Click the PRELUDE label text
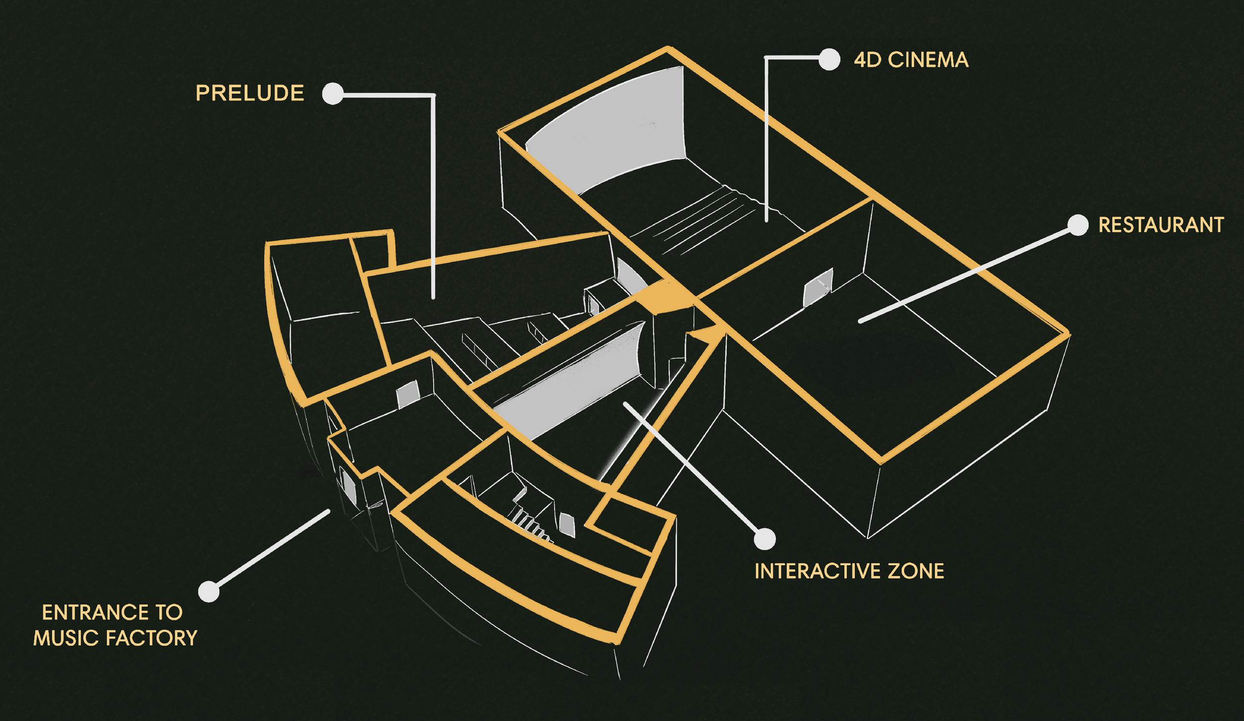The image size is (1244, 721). (x=250, y=94)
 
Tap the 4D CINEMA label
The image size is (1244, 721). (x=911, y=60)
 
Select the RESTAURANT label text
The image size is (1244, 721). (x=1161, y=225)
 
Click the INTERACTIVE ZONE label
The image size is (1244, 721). (x=849, y=571)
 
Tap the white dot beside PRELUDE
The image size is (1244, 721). (x=333, y=94)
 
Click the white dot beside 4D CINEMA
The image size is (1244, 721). (x=829, y=60)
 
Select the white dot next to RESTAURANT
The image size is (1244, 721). (x=1078, y=225)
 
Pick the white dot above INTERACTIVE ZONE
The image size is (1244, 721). (x=765, y=539)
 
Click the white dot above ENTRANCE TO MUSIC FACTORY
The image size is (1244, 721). (x=208, y=592)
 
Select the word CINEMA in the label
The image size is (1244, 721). (x=928, y=60)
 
